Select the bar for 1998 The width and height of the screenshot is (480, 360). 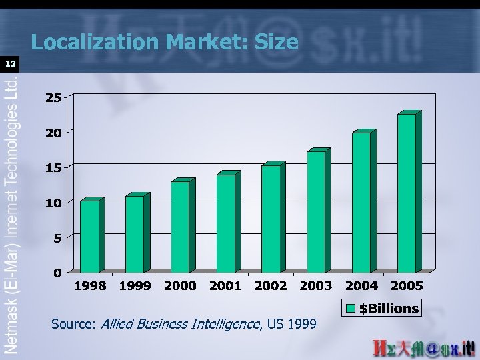tap(90, 237)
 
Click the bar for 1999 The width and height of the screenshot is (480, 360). tap(135, 234)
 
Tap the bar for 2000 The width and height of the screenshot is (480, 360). tap(181, 227)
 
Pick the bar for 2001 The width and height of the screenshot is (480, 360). tap(226, 223)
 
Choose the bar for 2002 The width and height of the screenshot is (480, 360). tap(271, 219)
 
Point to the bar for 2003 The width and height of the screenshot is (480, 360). tap(317, 211)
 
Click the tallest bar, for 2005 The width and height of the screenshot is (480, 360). tap(407, 193)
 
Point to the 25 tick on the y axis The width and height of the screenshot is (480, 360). tap(53, 98)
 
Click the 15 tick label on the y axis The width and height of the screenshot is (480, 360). tap(53, 168)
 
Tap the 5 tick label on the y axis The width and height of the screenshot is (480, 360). tap(57, 238)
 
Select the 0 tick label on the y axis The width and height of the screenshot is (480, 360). tap(57, 273)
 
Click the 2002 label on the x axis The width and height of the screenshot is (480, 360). tap(271, 286)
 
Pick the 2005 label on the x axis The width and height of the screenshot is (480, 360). tap(407, 286)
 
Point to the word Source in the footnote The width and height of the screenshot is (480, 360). tap(73, 325)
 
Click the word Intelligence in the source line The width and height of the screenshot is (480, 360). tap(224, 325)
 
